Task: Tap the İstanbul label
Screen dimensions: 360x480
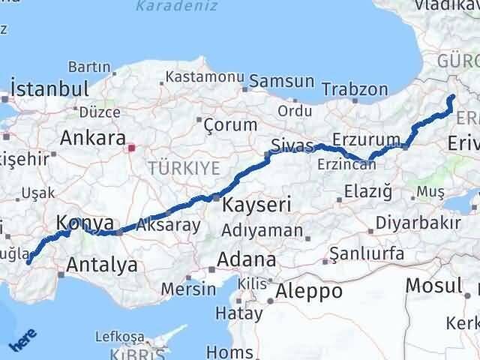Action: tap(51, 88)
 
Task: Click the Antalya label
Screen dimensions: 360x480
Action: tap(102, 265)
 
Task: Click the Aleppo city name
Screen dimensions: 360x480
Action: tap(308, 290)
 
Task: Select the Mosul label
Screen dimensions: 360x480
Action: tap(433, 286)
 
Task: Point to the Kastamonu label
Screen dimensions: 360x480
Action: tap(205, 76)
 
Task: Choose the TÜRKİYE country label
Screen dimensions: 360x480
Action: tap(177, 166)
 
